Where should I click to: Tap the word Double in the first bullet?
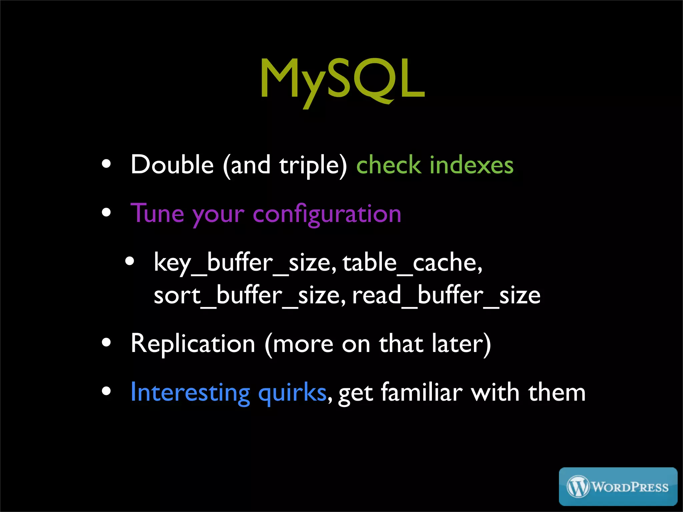coord(172,165)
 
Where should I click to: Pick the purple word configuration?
coord(327,215)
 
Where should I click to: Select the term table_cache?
coord(412,263)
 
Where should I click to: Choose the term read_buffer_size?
coord(446,295)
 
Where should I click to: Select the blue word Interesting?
coord(190,393)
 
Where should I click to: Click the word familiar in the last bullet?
coord(422,392)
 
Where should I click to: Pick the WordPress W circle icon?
coord(578,487)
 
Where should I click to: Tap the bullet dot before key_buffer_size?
coord(130,261)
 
